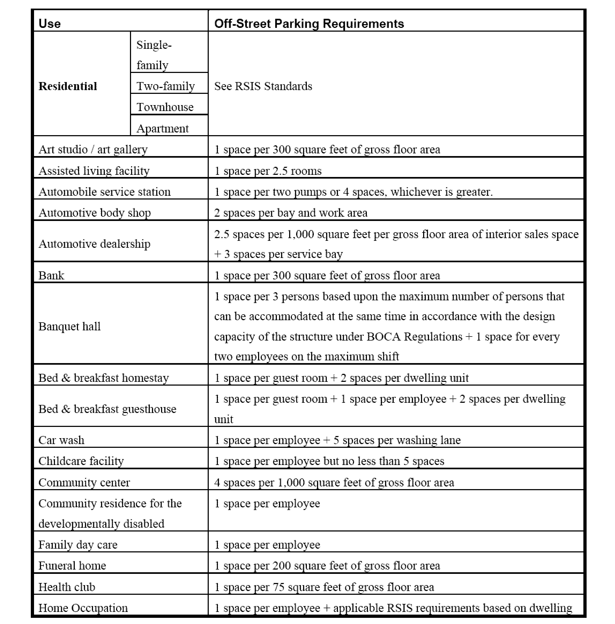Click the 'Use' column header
click(x=49, y=24)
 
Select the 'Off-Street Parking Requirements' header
click(x=309, y=24)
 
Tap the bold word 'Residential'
click(x=68, y=86)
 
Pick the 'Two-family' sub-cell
click(x=166, y=86)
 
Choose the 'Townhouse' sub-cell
click(x=165, y=107)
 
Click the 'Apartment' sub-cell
click(x=162, y=128)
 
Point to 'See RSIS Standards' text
click(x=263, y=86)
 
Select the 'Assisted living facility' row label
click(x=94, y=171)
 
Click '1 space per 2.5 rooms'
click(x=268, y=171)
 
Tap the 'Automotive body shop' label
click(x=95, y=213)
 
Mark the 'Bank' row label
click(x=51, y=275)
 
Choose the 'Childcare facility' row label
click(x=81, y=461)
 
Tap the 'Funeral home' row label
click(x=72, y=566)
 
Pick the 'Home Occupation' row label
click(x=83, y=608)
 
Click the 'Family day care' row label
click(x=78, y=545)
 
